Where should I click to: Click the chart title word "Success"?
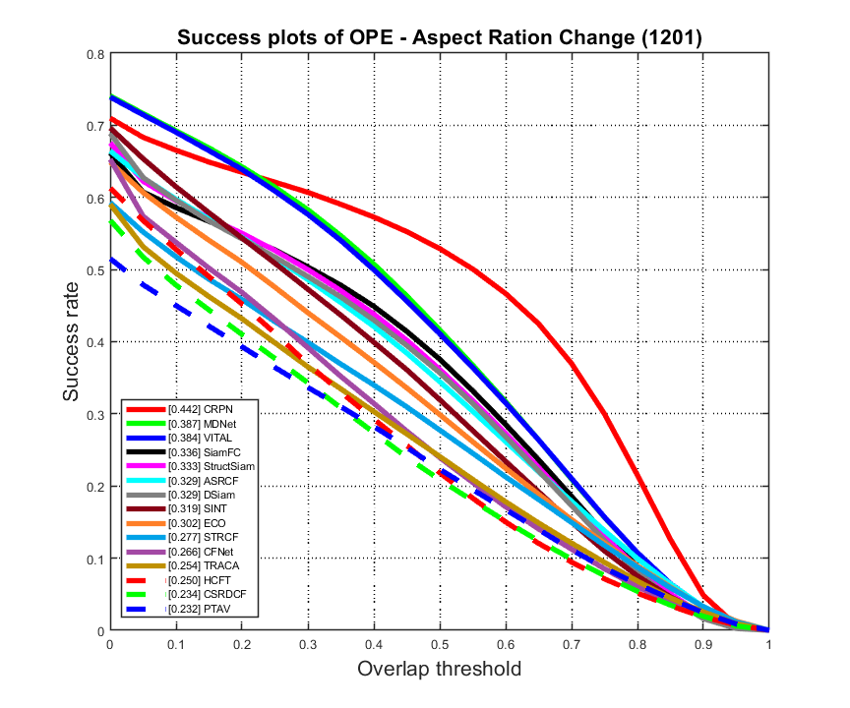(x=212, y=38)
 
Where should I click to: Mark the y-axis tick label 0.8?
(x=96, y=54)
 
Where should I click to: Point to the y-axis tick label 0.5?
(x=96, y=270)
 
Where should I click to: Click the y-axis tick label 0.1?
(x=96, y=559)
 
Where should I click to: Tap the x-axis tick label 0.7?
(x=571, y=645)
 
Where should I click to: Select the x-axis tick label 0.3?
(x=307, y=645)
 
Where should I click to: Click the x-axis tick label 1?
(x=768, y=645)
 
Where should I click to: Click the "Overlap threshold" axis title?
(x=439, y=670)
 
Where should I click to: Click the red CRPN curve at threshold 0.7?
(x=572, y=364)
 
